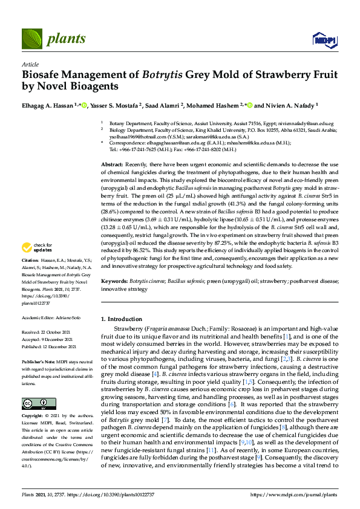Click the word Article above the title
click(30, 64)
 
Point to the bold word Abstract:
click(112, 165)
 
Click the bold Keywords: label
click(114, 281)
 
